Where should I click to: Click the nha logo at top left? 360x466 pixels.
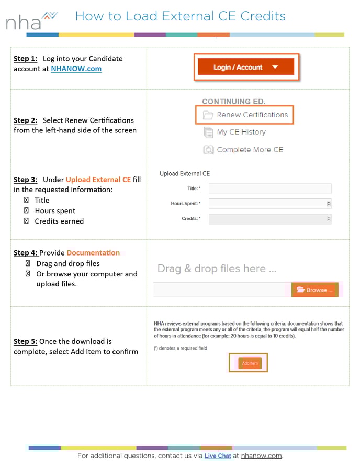30,20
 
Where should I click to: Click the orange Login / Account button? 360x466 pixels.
245,67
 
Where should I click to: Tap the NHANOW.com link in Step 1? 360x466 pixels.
76,69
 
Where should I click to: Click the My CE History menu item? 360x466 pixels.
241,132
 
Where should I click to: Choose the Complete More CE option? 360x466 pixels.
250,150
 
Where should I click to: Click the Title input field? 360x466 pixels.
269,188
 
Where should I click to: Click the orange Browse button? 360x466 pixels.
314,290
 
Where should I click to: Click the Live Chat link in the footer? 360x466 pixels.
218,456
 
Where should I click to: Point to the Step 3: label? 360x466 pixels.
25,180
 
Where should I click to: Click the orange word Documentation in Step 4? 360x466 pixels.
93,253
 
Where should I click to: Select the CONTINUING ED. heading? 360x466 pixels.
233,102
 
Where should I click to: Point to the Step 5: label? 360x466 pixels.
25,341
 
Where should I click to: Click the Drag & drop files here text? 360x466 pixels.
217,269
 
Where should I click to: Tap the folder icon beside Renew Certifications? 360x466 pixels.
208,115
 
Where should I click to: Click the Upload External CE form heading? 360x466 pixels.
185,173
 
